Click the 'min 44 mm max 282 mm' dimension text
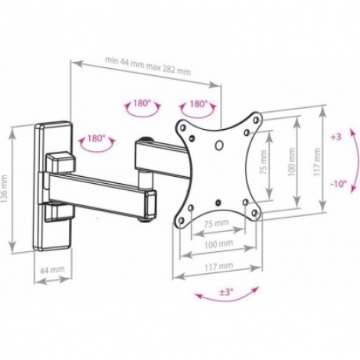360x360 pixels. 148,66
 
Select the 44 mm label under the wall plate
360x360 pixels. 52,270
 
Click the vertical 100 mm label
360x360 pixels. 292,162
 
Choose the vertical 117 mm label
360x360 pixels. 317,162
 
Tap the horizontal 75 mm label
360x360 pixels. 216,224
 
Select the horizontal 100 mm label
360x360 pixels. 218,244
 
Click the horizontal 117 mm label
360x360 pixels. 218,266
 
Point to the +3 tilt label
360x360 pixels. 336,137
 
